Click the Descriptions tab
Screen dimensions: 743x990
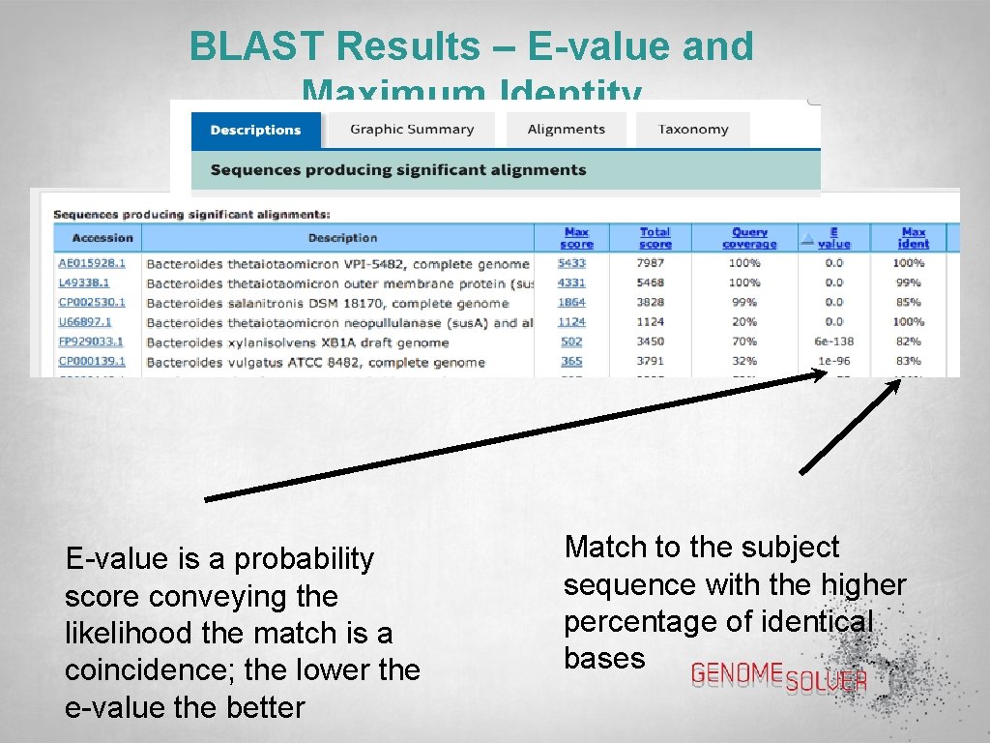pos(255,130)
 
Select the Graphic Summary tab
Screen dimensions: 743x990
pos(412,130)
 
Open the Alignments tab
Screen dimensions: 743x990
pos(566,130)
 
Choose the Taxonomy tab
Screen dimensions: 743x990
pos(692,130)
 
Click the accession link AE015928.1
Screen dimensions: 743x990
pos(92,263)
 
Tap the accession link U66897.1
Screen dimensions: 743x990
pos(85,322)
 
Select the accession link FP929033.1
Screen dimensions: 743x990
pos(92,342)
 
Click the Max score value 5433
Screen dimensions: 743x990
pos(571,263)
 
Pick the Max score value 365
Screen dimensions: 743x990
pos(571,362)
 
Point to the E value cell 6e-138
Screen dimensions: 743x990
pos(833,342)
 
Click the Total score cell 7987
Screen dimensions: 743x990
pos(654,263)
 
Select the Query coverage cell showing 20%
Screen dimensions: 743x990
pos(744,322)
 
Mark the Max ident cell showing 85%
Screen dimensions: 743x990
pos(908,302)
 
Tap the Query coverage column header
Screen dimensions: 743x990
pos(749,238)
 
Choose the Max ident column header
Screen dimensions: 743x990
pos(913,238)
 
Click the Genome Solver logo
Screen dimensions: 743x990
pos(778,678)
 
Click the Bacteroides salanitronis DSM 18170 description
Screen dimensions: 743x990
pos(327,303)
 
